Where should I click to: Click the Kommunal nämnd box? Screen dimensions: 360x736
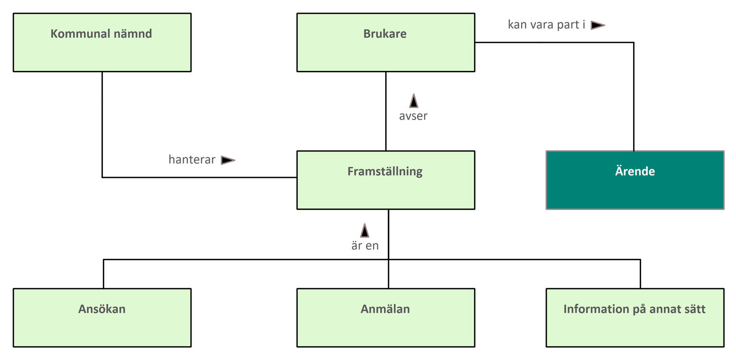tap(102, 42)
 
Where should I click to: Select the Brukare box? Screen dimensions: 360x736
tap(386, 42)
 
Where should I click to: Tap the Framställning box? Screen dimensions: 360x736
tap(386, 180)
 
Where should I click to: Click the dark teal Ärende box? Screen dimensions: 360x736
tap(635, 180)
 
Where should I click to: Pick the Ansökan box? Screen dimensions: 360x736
tap(102, 318)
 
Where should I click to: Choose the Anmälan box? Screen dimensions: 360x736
tap(386, 318)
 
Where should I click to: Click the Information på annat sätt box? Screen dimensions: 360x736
tap(635, 318)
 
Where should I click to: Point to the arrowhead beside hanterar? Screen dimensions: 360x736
tap(228, 160)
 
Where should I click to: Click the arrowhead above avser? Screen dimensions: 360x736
tap(414, 101)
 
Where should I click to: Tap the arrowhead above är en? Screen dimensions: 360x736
tap(365, 231)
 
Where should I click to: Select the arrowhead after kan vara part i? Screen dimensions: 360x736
tap(598, 25)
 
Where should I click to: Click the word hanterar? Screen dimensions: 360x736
tap(192, 160)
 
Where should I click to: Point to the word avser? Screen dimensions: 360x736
tap(413, 116)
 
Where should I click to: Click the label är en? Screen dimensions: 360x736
tap(365, 246)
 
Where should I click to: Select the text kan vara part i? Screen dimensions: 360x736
tap(546, 25)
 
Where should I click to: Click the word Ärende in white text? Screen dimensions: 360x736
tap(635, 171)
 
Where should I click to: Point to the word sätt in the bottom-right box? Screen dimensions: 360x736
tap(695, 309)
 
